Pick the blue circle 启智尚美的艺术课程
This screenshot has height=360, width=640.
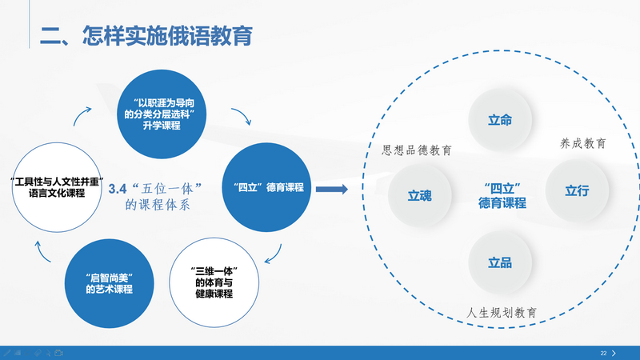tap(108, 282)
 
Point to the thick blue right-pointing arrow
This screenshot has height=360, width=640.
tap(330, 189)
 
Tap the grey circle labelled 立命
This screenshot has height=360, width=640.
tap(500, 120)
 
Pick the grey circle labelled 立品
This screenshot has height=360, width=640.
tap(500, 262)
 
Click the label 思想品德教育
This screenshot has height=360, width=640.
tap(416, 150)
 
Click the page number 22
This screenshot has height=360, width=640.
tap(603, 353)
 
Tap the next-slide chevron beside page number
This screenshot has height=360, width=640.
tap(614, 353)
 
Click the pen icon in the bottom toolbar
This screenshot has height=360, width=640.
tap(7, 353)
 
